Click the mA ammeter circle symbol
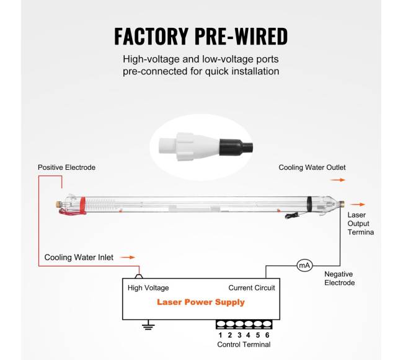tap(304, 265)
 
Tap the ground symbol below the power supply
tap(148, 325)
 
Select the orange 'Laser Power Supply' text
tap(200, 302)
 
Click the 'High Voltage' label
tap(148, 288)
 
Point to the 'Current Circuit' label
tap(252, 288)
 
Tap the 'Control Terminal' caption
tap(244, 345)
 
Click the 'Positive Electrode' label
tap(66, 167)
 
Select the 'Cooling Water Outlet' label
tap(312, 167)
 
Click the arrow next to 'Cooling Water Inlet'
tap(127, 257)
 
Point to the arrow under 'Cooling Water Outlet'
tap(338, 180)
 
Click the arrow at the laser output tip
tap(357, 204)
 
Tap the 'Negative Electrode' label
tap(340, 278)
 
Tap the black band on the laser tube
tap(309, 204)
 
